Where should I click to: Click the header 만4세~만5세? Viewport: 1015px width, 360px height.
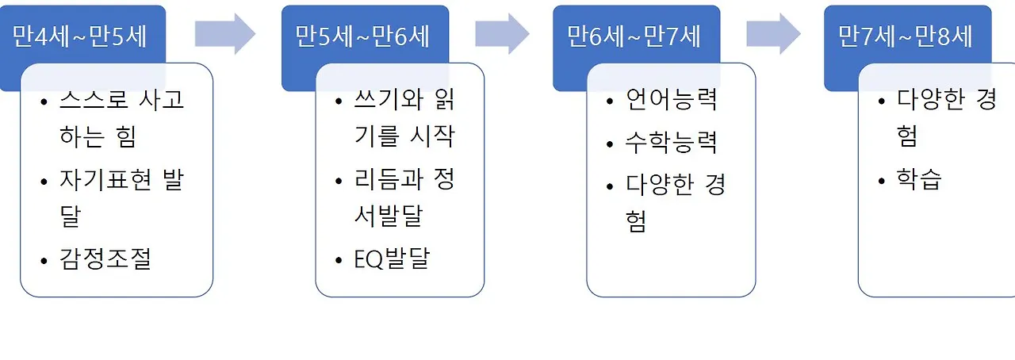[80, 36]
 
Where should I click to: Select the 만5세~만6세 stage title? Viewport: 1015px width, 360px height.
[363, 36]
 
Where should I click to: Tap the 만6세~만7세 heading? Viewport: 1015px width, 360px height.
[634, 36]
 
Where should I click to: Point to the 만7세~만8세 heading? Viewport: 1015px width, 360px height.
[906, 36]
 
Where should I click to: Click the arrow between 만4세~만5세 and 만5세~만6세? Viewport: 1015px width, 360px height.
[225, 33]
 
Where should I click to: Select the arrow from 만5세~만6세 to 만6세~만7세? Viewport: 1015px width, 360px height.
[502, 33]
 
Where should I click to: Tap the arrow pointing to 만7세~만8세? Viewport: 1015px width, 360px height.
[773, 33]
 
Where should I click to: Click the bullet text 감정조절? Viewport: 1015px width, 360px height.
[105, 259]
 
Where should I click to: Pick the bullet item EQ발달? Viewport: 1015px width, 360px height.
[393, 259]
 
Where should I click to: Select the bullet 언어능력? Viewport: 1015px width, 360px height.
[672, 101]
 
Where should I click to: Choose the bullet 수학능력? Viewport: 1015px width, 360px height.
[672, 144]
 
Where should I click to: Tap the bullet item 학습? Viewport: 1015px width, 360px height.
[919, 180]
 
